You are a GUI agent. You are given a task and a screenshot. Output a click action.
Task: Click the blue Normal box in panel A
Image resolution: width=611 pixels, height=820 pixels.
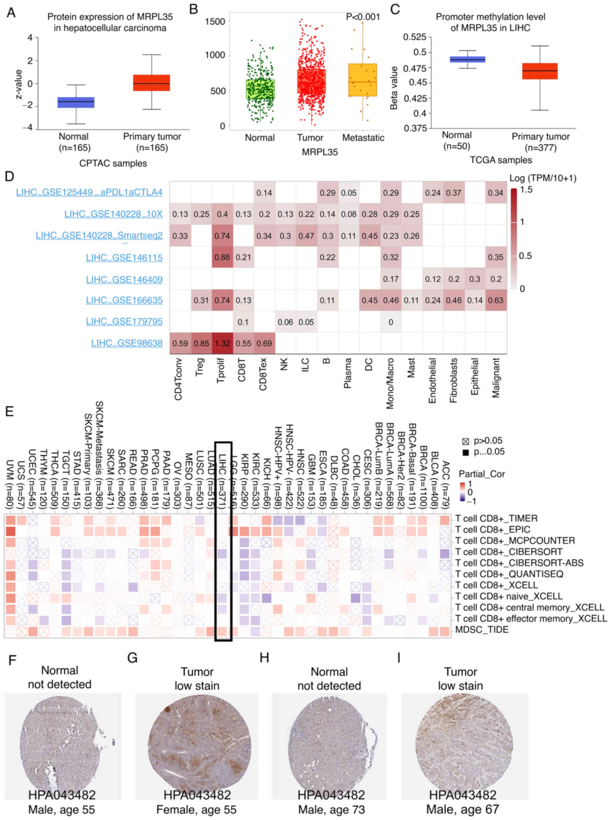click(x=76, y=103)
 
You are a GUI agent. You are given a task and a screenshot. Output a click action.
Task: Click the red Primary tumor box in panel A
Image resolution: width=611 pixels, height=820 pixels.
click(x=151, y=83)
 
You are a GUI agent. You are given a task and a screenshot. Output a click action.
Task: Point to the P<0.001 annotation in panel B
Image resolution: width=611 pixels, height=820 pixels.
click(x=362, y=17)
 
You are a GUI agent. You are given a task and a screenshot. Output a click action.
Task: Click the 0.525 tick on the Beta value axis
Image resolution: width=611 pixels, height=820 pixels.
click(x=414, y=37)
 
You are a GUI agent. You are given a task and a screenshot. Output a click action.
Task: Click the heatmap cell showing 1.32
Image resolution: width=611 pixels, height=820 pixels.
click(x=222, y=343)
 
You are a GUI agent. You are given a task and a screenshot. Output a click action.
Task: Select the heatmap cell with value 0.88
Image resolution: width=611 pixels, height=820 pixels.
click(x=222, y=258)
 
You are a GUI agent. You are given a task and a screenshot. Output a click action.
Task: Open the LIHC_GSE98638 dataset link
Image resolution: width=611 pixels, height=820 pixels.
click(x=127, y=343)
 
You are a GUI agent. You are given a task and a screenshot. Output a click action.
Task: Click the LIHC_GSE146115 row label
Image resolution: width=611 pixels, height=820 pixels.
click(x=124, y=258)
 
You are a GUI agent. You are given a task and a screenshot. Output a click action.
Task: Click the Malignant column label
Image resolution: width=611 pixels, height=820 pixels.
click(x=496, y=377)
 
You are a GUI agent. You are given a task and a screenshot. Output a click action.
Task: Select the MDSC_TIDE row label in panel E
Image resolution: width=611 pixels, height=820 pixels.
click(x=481, y=630)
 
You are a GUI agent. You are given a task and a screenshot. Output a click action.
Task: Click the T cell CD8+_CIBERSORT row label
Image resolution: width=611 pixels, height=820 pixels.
click(x=508, y=552)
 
